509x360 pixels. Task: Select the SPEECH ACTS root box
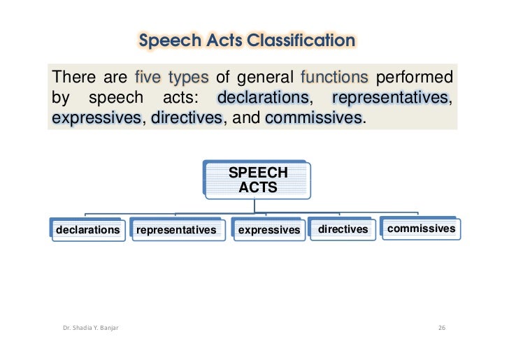[x=258, y=180]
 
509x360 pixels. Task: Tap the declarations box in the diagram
[x=87, y=229]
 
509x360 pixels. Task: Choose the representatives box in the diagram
[x=176, y=229]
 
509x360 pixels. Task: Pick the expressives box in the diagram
[x=268, y=229]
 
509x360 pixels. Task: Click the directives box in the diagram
[x=343, y=229]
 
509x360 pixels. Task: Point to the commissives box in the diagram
[x=421, y=228]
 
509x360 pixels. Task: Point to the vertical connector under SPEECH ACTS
[x=256, y=206]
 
